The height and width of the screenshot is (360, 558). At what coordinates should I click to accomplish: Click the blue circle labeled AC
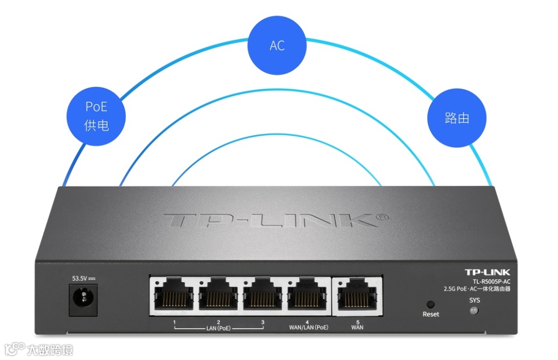tap(277, 45)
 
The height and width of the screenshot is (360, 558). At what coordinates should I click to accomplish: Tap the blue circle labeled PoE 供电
tap(96, 116)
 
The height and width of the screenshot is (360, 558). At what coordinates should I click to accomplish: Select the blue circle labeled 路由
tap(457, 118)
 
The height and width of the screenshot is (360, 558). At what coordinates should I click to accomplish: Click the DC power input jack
tap(83, 299)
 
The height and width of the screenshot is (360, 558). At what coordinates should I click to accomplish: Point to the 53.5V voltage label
tap(83, 278)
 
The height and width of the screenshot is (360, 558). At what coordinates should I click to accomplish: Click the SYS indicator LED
tap(474, 310)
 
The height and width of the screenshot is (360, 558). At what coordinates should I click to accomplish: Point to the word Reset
tap(431, 315)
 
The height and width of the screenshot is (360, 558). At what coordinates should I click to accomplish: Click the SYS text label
tap(474, 300)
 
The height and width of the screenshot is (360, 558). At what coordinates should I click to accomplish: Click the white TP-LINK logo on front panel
tap(487, 272)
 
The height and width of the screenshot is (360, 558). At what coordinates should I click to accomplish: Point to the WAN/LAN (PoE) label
tap(309, 328)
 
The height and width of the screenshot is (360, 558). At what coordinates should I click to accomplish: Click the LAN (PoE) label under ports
tap(218, 328)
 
